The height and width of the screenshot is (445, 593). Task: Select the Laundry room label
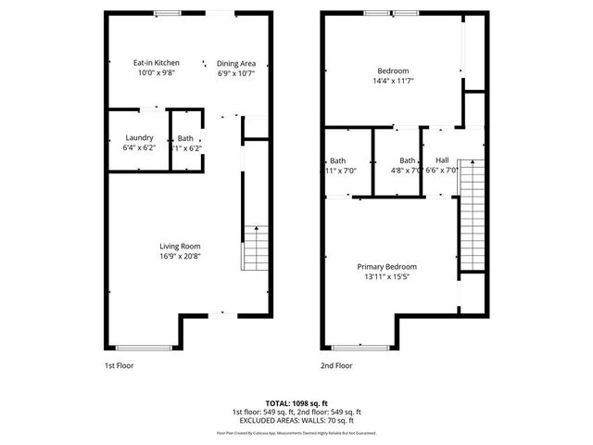coord(140,138)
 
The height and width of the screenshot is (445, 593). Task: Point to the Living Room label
coord(179,246)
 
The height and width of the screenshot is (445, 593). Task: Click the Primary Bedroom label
coord(387,266)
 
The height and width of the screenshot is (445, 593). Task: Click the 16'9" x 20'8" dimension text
coord(179,257)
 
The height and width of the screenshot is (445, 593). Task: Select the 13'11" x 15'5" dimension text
coord(387,276)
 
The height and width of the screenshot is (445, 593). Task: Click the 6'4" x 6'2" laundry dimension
coord(140,148)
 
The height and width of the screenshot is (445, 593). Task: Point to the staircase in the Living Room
coord(252,247)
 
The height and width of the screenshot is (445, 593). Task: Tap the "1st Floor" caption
coord(119,366)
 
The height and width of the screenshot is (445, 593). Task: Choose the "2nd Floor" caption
coord(337,366)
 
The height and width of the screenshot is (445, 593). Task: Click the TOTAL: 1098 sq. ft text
coord(296,403)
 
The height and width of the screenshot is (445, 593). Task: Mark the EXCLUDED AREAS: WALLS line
coord(296,420)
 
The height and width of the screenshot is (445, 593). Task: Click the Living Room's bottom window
coord(145,348)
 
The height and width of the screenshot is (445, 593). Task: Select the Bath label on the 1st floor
coord(185,138)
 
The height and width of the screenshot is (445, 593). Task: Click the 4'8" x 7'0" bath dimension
coord(407,170)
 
